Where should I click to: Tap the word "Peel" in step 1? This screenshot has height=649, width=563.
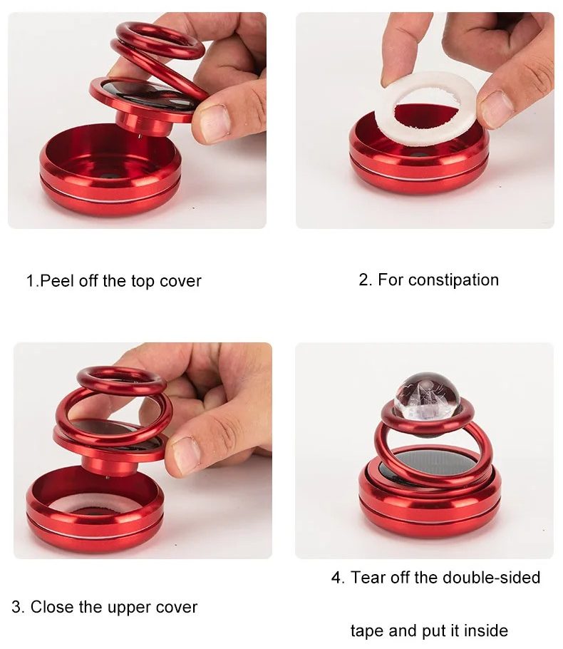pyautogui.click(x=57, y=281)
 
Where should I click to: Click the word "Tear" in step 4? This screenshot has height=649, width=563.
pyautogui.click(x=368, y=578)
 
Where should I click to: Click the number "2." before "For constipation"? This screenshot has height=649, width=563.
pyautogui.click(x=366, y=280)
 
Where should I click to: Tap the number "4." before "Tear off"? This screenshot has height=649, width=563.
pyautogui.click(x=338, y=578)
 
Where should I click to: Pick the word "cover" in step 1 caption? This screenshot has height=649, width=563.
pyautogui.click(x=180, y=281)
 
